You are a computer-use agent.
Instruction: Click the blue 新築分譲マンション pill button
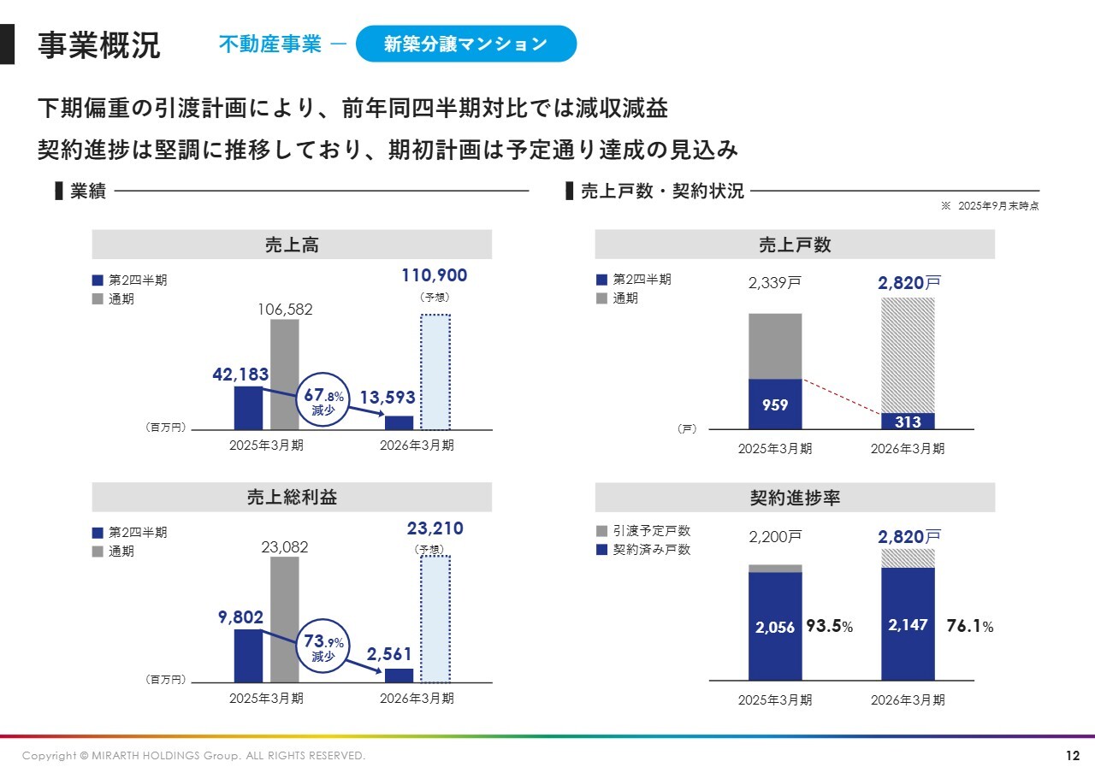(465, 44)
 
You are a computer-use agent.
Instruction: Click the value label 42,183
(240, 375)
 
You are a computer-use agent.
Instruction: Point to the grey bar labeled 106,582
(285, 374)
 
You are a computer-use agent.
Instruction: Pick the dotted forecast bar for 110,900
(435, 372)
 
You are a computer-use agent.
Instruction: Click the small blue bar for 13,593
(399, 422)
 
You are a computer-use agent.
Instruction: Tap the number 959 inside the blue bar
(775, 405)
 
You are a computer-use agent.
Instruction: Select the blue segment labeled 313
(908, 422)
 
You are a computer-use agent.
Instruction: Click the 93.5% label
(829, 627)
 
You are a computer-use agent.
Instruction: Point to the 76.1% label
(970, 627)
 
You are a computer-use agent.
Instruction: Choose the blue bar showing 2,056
(775, 626)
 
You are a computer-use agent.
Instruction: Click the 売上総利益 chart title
(292, 498)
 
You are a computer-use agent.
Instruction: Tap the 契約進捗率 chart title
(795, 498)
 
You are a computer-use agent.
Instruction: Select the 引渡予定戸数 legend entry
(643, 531)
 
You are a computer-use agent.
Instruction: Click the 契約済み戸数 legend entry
(643, 550)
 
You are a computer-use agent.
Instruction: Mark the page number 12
(1073, 756)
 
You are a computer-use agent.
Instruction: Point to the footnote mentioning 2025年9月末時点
(990, 206)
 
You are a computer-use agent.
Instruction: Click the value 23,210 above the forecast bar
(435, 528)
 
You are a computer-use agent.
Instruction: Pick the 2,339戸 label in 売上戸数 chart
(775, 284)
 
